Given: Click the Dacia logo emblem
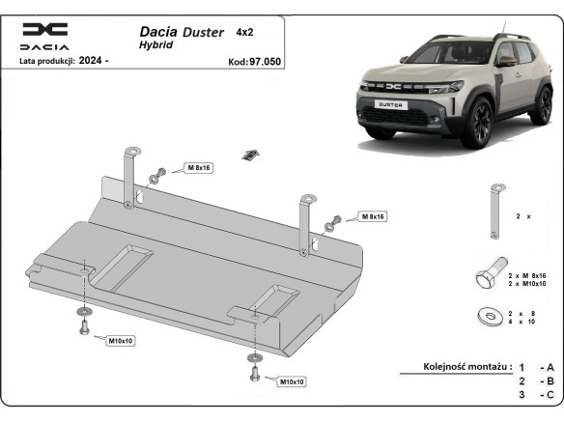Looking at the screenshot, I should click(45, 30).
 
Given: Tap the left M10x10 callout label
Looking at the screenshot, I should click(120, 341).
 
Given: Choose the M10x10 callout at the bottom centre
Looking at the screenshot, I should click(292, 381).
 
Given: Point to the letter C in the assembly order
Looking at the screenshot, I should click(550, 395).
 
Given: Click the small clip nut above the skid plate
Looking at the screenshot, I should click(251, 155).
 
